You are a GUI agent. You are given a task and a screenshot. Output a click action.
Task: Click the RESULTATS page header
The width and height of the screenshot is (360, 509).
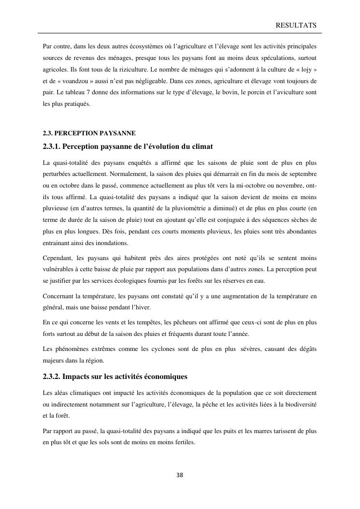(296, 25)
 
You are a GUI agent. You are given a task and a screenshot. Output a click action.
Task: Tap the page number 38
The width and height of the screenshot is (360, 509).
(180, 475)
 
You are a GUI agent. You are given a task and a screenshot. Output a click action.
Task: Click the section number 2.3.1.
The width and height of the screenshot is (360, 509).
(51, 146)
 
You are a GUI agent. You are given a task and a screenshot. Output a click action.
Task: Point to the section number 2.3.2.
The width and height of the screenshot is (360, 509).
(51, 377)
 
